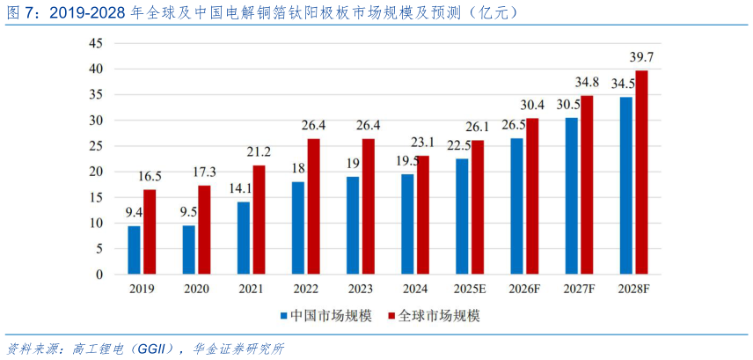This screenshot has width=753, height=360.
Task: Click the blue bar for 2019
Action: [x=134, y=250]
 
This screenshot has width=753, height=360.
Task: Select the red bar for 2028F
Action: [x=641, y=173]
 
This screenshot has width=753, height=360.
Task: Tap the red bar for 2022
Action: [x=313, y=206]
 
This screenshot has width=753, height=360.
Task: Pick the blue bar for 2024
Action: [x=407, y=224]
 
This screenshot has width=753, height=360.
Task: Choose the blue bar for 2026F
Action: [x=516, y=206]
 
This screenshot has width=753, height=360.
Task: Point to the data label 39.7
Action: [x=647, y=58]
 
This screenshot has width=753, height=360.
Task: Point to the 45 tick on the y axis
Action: [x=96, y=42]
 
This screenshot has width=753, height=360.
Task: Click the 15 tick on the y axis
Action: [x=96, y=197]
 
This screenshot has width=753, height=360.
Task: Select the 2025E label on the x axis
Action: [x=467, y=288]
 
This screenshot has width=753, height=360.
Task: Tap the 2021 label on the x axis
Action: [x=250, y=288]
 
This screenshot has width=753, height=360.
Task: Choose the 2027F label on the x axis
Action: [x=578, y=288]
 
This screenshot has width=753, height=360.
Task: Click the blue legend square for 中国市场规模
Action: [x=283, y=314]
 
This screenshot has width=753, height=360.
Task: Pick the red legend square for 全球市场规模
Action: [x=391, y=314]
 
